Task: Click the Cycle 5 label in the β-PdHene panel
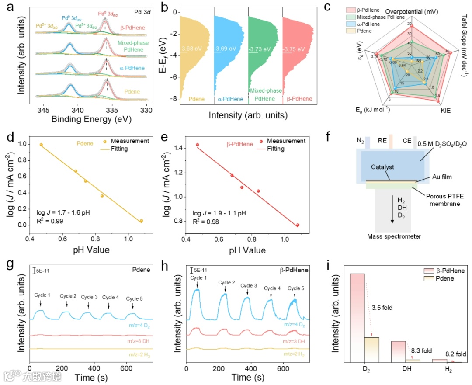tap(296, 288)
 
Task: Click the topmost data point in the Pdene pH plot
tap(41, 145)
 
